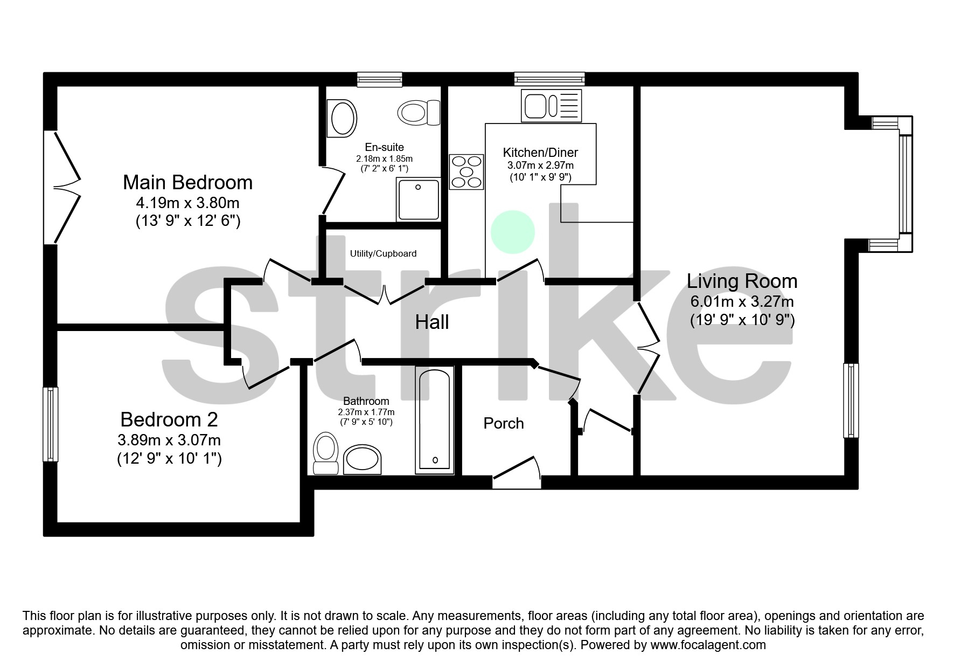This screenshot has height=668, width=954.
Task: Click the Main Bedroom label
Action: [187, 183]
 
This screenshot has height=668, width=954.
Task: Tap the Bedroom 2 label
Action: [169, 419]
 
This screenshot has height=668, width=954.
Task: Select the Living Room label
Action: [742, 281]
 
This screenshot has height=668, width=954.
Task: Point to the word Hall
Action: [431, 322]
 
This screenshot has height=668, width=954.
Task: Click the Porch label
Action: [504, 423]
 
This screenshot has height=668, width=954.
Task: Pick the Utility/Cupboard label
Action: [383, 253]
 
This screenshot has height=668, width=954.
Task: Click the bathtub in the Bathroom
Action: [434, 421]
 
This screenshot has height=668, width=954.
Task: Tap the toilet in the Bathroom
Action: [325, 454]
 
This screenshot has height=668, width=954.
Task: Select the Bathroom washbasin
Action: [362, 459]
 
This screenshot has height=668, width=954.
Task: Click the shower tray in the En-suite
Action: [419, 199]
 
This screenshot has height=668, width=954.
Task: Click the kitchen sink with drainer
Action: [551, 105]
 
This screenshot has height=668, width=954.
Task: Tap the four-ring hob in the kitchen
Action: [466, 172]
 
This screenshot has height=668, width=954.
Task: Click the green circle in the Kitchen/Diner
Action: [513, 232]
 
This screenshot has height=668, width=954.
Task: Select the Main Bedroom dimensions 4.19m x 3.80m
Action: [187, 203]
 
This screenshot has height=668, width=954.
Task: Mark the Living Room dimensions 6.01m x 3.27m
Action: [742, 302]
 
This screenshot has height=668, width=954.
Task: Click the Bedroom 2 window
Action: [51, 424]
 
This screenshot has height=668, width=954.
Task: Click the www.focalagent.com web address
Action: [708, 645]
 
